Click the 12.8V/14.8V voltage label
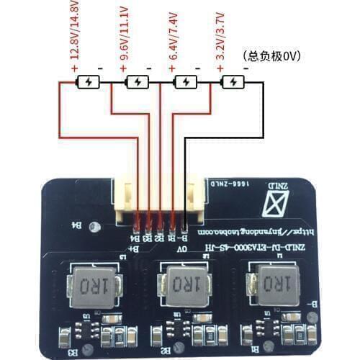click(75, 32)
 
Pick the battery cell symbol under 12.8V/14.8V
click(89, 82)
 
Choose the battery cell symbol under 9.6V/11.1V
click(137, 82)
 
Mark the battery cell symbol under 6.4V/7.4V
click(186, 82)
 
